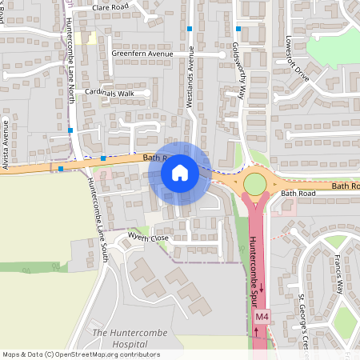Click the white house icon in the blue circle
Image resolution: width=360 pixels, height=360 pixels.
pos(180,172)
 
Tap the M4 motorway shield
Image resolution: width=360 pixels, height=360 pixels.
pos(262,318)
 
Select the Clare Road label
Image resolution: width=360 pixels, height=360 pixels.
pos(110,6)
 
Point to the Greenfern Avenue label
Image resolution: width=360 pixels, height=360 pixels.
pos(142,54)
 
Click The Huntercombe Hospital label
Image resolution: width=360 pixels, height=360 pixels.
pos(120,337)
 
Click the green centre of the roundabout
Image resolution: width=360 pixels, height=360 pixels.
pos(254,184)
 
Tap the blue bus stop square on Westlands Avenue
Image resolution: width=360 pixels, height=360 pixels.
pos(190,29)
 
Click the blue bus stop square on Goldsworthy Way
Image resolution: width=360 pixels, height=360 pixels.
pos(238,29)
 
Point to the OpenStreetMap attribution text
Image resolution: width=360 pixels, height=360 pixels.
pos(81,354)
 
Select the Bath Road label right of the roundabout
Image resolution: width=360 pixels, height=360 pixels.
pos(299,194)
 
